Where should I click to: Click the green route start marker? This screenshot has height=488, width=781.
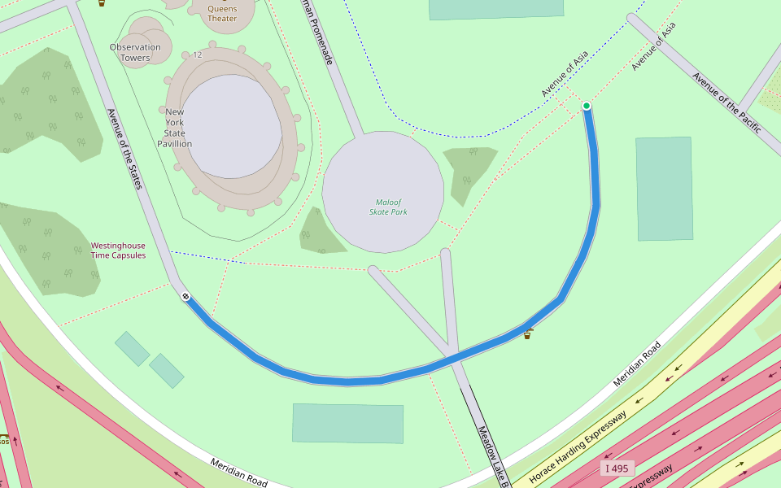tap(587, 106)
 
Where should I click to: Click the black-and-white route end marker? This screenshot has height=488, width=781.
tap(185, 296)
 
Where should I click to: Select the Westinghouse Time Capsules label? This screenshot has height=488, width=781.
tap(118, 251)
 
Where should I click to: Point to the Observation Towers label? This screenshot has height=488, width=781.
tap(135, 52)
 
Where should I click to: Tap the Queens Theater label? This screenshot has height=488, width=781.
tap(222, 14)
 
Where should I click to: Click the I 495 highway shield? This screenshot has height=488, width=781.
tap(617, 468)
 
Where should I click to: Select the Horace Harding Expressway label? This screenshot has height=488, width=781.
tap(578, 447)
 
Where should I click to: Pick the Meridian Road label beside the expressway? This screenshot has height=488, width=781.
tap(637, 364)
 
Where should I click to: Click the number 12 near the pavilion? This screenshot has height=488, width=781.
tap(198, 55)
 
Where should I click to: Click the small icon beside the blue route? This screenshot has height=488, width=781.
tap(527, 333)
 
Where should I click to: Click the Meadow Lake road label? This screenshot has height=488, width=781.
tap(493, 456)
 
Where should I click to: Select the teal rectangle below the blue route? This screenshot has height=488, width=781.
tap(347, 423)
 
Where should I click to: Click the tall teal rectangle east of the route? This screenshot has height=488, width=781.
tap(664, 189)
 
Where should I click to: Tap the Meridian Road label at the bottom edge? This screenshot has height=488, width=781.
tap(238, 473)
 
